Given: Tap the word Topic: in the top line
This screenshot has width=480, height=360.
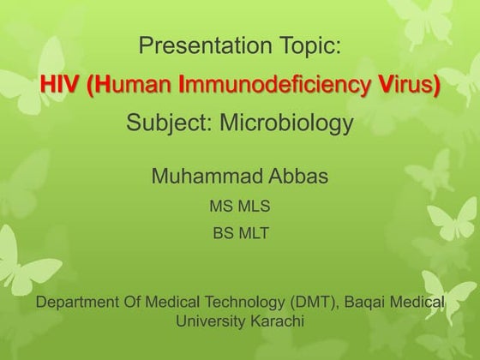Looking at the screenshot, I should click(x=308, y=46).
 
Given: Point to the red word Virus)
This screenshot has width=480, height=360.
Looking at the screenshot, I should click(x=404, y=86).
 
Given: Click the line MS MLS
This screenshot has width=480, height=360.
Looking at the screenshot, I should click(x=240, y=206).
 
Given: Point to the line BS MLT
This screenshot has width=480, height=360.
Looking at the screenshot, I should click(x=240, y=232).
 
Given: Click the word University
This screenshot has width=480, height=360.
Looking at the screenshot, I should click(x=211, y=321).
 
